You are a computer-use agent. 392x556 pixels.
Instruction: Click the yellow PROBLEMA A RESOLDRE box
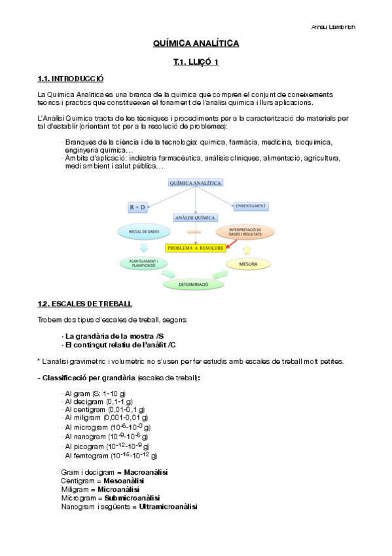tap(196, 248)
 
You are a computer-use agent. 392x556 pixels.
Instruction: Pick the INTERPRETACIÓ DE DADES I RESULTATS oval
tap(244, 231)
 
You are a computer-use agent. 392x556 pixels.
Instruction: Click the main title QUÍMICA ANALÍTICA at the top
tap(196, 44)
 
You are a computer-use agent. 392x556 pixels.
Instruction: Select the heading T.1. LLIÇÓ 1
tap(196, 62)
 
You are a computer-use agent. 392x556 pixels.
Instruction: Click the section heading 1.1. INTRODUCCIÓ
tap(71, 79)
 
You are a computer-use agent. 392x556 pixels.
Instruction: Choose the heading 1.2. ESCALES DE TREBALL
tap(85, 304)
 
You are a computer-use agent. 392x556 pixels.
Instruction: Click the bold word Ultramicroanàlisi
tap(168, 506)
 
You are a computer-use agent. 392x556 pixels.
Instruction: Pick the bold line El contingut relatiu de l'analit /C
tap(120, 344)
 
